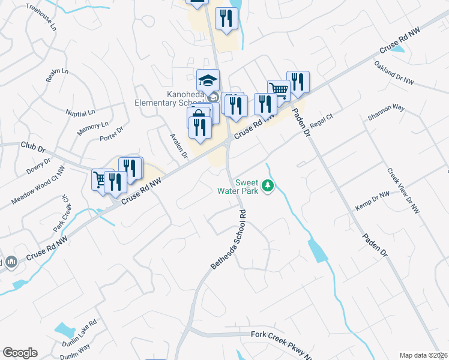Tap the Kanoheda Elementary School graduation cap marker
point(208,80)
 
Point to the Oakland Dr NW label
point(394,72)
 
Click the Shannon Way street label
point(386,112)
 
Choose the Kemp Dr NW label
point(373,199)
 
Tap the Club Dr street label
point(32,146)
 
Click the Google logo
point(20,353)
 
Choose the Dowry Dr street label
point(38,166)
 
